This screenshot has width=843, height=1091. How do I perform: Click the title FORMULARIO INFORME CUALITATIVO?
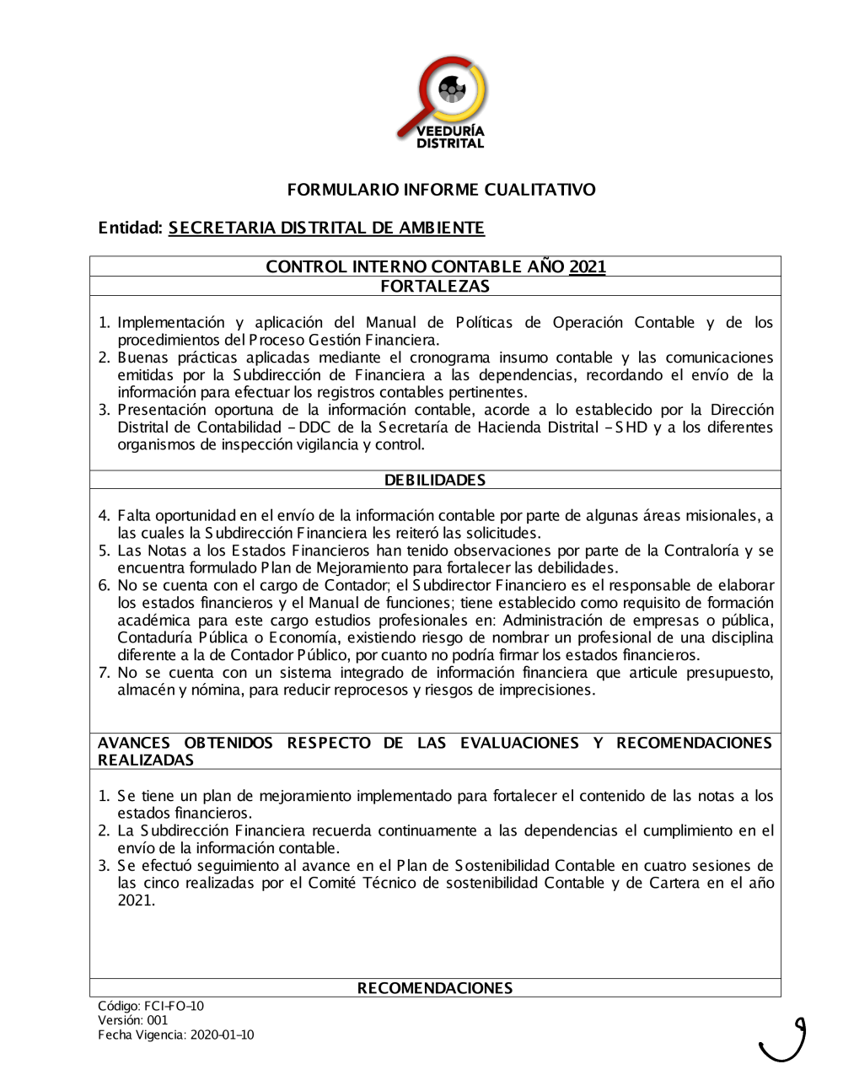coord(441,190)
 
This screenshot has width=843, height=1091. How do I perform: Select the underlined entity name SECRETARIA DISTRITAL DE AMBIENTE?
coord(326,228)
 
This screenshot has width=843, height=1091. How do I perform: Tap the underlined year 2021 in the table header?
coord(588,266)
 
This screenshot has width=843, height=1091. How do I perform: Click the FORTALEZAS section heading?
coord(435,286)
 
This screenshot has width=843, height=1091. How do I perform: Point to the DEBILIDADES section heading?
coord(435,480)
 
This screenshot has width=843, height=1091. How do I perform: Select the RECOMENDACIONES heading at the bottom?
coord(435,987)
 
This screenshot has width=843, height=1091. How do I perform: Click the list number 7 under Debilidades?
coord(105,672)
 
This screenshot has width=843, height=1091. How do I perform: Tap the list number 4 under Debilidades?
coord(105,515)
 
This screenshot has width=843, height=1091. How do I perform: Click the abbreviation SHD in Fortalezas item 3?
coord(631,427)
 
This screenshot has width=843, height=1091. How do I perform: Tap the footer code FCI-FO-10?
coord(174,1006)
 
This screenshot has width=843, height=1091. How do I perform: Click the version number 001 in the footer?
coord(158,1020)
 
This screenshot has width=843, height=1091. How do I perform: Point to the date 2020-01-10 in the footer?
coord(222,1035)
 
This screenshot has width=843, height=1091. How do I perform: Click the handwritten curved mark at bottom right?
coord(785,1042)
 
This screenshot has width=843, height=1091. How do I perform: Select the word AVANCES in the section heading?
coord(134,743)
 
